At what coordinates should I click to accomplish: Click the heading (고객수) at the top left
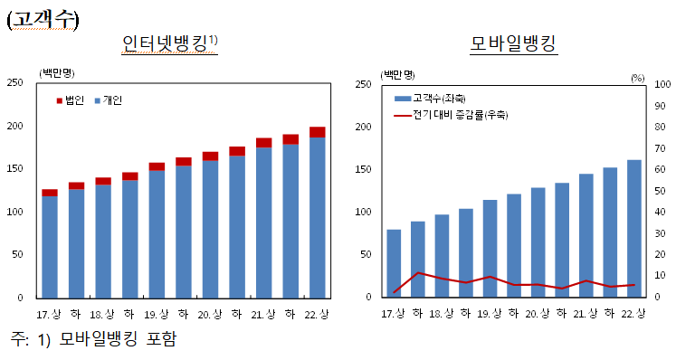(x=43, y=20)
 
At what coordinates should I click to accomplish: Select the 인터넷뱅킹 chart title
(x=169, y=43)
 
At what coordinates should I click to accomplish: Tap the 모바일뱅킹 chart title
(x=513, y=43)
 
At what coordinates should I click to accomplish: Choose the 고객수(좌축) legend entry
(x=430, y=98)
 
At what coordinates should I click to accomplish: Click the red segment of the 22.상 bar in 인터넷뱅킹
(x=317, y=132)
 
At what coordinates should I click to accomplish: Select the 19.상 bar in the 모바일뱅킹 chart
(x=490, y=248)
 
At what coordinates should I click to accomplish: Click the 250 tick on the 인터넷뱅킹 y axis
(x=15, y=83)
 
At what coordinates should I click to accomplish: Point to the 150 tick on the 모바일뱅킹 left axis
(x=361, y=169)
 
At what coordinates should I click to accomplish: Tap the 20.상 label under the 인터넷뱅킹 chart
(x=210, y=314)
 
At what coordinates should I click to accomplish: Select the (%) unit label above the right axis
(x=637, y=78)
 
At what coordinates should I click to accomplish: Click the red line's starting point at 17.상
(x=395, y=291)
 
